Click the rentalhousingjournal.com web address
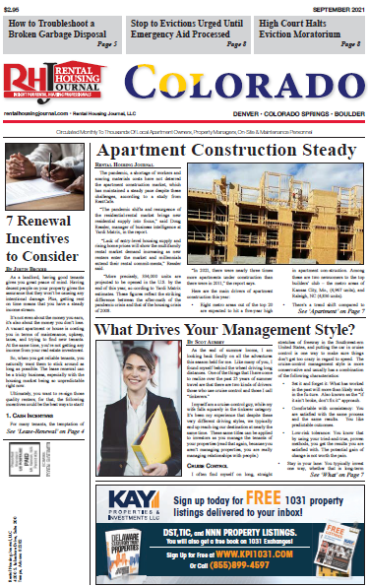(x=36, y=114)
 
